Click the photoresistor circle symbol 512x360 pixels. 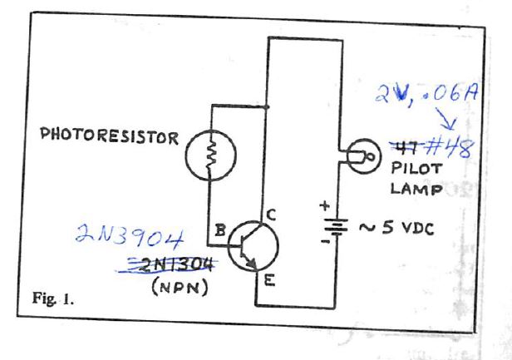pyautogui.click(x=212, y=155)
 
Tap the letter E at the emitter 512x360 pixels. pyautogui.click(x=268, y=281)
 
